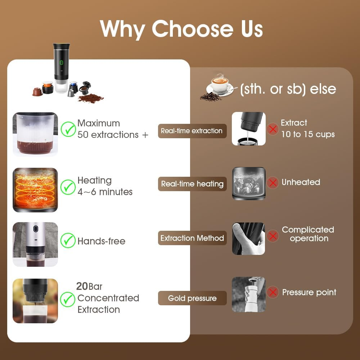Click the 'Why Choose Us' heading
181,28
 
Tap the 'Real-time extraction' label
192,131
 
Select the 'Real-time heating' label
192,184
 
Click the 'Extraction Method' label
192,238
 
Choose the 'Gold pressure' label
192,298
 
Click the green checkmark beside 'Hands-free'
67,240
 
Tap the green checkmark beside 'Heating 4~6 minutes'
67,186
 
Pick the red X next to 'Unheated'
273,183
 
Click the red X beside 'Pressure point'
273,292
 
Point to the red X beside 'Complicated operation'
273,236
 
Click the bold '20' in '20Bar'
82,287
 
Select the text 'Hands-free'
102,241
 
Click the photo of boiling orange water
35,190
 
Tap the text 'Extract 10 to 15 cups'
307,129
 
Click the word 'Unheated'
301,183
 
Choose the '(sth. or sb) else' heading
288,89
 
